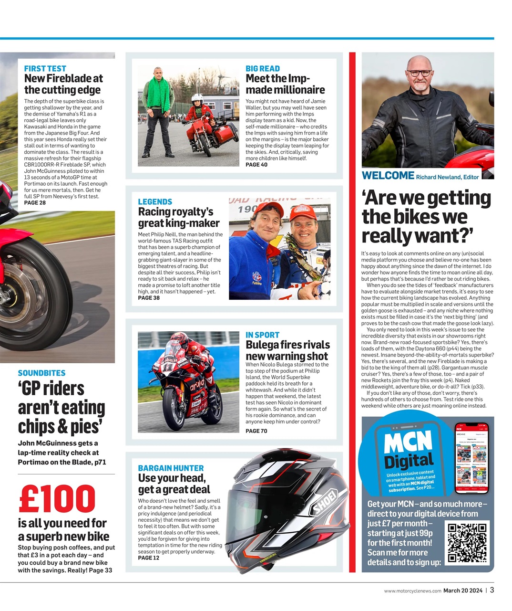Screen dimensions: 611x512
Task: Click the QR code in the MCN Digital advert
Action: [467, 543]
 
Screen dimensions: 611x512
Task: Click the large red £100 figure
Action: [57, 499]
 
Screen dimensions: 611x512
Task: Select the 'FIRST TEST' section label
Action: [45, 69]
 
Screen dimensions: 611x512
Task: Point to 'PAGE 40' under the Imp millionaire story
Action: [256, 165]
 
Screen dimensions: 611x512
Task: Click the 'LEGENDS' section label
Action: [155, 202]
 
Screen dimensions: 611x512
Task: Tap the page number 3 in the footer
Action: [492, 590]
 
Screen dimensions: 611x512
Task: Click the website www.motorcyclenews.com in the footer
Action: [413, 590]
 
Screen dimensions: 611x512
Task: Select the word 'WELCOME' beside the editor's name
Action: [388, 176]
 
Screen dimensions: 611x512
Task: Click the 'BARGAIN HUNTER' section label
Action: [171, 468]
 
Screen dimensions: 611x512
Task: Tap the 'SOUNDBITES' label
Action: [41, 373]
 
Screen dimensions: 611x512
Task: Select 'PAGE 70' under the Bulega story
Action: [256, 431]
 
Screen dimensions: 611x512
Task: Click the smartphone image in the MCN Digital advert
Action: [471, 458]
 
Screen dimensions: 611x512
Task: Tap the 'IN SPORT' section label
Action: [262, 335]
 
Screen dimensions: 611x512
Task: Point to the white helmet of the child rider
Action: [197, 100]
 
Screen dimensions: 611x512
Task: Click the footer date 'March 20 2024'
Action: [463, 590]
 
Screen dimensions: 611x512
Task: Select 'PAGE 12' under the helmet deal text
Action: [149, 558]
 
